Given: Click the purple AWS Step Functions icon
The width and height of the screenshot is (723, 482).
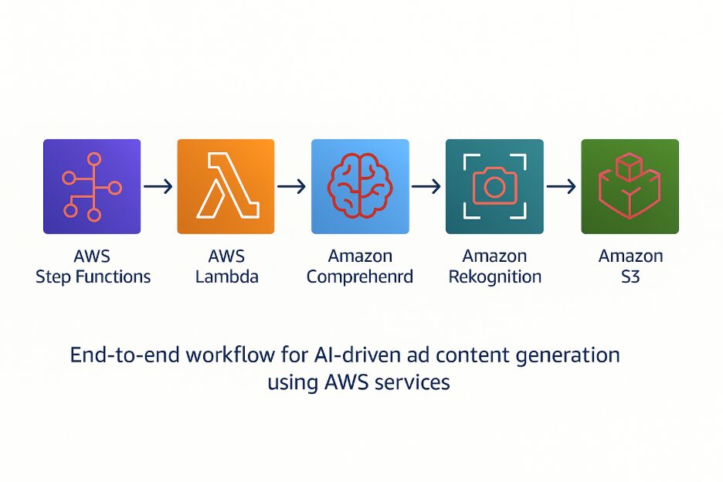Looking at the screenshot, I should point(92,186).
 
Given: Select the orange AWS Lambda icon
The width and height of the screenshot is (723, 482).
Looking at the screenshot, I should point(226,186).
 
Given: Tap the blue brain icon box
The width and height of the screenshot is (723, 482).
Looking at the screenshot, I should point(359,186).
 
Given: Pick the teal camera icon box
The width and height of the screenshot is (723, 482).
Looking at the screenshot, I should point(494,186).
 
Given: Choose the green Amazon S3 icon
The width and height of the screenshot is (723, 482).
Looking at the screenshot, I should point(630,186).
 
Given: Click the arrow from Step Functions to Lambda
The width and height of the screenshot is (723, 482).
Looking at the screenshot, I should point(158,186).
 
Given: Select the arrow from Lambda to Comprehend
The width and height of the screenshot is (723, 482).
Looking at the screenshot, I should point(292,186).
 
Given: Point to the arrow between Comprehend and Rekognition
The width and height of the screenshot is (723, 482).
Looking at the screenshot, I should point(426,186).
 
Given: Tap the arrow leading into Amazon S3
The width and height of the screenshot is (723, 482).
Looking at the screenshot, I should point(562,186).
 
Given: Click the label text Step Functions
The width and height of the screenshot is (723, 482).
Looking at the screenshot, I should point(93,277).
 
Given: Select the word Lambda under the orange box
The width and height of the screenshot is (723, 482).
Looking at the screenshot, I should point(226,277).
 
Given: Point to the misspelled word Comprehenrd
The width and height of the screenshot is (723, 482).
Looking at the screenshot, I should point(360,277).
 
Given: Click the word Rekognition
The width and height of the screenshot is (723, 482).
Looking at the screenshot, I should point(494,277).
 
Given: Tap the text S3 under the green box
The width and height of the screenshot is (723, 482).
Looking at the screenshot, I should point(630,277).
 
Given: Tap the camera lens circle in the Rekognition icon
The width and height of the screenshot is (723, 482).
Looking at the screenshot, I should point(494,186).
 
